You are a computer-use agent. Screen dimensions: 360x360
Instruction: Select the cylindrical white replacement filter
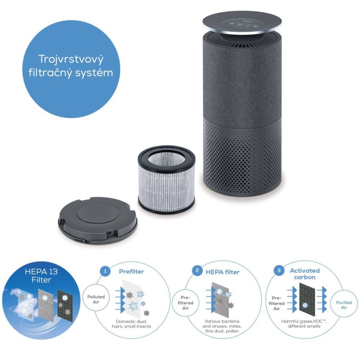click(x=166, y=179)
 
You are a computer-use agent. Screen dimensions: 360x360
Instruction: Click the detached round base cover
click(x=98, y=221)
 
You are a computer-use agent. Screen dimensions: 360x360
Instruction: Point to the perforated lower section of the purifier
click(x=242, y=158)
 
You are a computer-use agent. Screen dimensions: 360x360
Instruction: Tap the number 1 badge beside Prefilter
click(x=105, y=271)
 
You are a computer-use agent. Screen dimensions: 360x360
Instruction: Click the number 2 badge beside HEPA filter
click(x=197, y=271)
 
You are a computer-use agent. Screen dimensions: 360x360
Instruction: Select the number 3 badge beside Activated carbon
click(x=279, y=271)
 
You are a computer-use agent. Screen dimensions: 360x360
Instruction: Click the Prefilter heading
click(x=132, y=272)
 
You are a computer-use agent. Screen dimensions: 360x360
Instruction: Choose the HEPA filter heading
click(x=222, y=272)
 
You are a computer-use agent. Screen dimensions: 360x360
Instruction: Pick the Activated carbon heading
click(x=305, y=274)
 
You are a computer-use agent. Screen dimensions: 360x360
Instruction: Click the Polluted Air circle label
click(x=96, y=299)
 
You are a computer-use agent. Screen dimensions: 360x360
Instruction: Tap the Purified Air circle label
click(x=344, y=305)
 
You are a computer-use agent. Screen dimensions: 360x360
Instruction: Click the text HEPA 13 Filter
click(x=41, y=275)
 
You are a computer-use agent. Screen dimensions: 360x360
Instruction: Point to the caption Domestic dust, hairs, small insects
click(x=131, y=324)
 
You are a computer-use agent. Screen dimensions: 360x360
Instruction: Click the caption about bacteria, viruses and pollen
click(x=222, y=326)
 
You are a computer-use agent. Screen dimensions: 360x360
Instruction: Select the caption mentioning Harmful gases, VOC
click(x=304, y=323)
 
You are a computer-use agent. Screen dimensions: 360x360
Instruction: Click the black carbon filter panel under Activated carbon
click(x=307, y=299)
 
